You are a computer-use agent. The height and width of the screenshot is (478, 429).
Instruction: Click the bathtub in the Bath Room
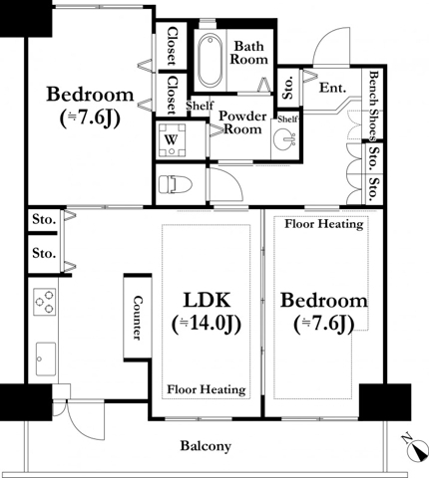point(211,61)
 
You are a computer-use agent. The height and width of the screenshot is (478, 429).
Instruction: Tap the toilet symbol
point(176,184)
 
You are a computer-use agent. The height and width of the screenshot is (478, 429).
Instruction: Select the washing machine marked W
point(172,140)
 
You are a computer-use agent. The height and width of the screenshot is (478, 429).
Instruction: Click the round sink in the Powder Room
point(284,139)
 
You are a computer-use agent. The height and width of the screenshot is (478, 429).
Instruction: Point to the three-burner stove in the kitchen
point(45,302)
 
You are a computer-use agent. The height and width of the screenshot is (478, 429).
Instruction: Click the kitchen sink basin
point(46,358)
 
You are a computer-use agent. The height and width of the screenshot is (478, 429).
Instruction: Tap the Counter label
point(138,318)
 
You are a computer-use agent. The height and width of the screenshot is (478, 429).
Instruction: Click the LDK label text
point(207,300)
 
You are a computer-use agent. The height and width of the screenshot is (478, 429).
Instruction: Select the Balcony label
point(206,446)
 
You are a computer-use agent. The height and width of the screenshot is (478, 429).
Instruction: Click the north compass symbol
point(416,450)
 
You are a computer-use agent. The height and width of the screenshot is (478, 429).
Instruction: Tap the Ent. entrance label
point(332,88)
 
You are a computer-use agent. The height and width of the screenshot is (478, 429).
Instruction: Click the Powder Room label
point(242,122)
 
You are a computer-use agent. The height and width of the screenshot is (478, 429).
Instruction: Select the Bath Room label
point(249,53)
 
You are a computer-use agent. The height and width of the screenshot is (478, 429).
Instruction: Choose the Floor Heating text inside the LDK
point(207,389)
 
